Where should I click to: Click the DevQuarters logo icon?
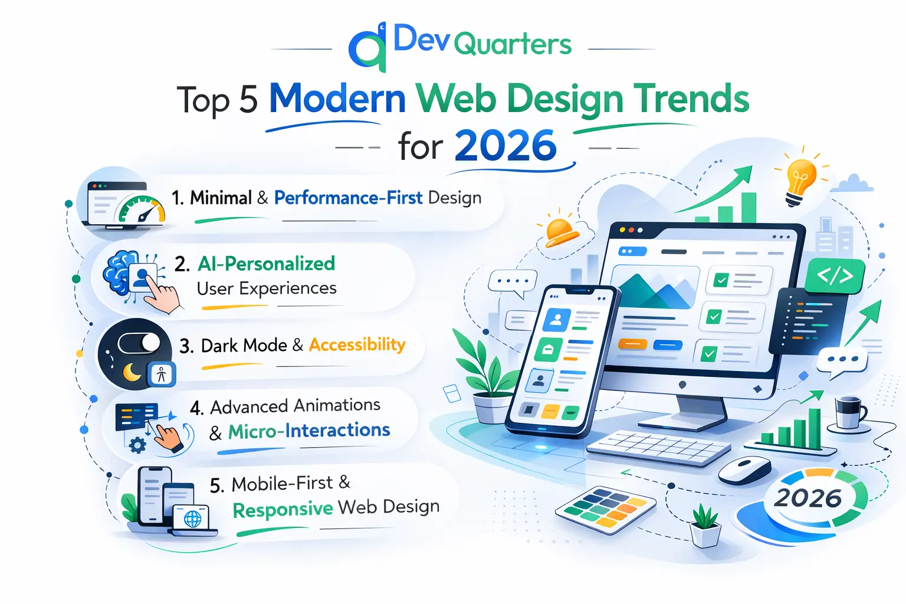tap(367, 48)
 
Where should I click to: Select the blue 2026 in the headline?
tap(505, 146)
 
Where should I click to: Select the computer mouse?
tap(745, 470)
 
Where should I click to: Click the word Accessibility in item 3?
tap(357, 345)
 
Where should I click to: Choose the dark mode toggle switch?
tap(139, 343)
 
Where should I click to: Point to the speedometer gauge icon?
tap(141, 209)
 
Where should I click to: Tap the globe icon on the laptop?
tap(192, 518)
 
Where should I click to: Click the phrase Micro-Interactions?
tap(309, 431)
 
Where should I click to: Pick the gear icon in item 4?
tap(137, 446)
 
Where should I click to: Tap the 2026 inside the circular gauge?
tap(807, 498)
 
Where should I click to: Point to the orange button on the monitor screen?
tap(632, 344)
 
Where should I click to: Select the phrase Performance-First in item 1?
tap(348, 198)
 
